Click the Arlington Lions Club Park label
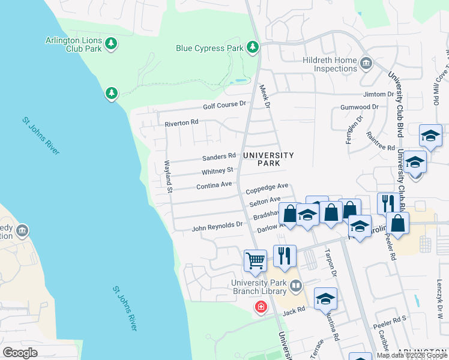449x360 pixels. (73, 44)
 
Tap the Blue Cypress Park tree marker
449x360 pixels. (253, 47)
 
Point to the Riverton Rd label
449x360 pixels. (181, 122)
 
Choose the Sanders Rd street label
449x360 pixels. (218, 157)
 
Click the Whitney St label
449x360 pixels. (217, 171)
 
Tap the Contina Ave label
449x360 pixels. (214, 185)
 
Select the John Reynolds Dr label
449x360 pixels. (216, 227)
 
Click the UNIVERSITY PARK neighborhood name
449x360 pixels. (268, 159)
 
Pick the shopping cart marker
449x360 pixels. (256, 260)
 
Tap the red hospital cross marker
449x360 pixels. (261, 307)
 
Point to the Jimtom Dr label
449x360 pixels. (378, 95)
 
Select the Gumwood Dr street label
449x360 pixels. (359, 107)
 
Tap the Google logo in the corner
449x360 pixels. (20, 353)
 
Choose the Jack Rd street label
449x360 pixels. (294, 311)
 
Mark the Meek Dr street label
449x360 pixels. (265, 96)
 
